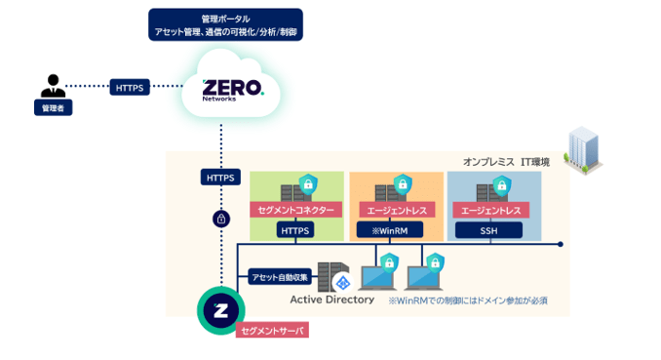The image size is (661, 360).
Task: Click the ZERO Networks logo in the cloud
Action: [x=233, y=91]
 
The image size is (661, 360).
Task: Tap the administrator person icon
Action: [x=53, y=86]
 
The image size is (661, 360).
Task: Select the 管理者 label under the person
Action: [x=53, y=108]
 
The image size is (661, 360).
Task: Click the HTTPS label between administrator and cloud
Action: [x=130, y=88]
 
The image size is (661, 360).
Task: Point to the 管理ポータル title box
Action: [x=225, y=25]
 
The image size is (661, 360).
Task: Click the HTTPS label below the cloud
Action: [x=220, y=178]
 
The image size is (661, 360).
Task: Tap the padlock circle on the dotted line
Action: [x=221, y=220]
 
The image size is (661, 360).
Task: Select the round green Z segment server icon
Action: [x=221, y=310]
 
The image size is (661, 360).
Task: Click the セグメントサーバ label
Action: [x=272, y=331]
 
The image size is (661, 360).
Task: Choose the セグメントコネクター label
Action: [x=295, y=210]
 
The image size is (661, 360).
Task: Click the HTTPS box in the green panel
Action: [x=295, y=230]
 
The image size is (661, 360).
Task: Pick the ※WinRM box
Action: [x=390, y=230]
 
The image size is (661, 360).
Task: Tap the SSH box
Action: [x=489, y=230]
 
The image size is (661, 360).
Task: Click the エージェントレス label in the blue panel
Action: [x=491, y=210]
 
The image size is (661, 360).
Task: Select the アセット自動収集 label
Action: [x=280, y=277]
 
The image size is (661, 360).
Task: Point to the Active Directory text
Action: [x=332, y=300]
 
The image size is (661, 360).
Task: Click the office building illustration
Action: [x=583, y=150]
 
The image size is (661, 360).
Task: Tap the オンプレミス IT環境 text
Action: [x=506, y=162]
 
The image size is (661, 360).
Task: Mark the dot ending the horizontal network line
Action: [x=561, y=244]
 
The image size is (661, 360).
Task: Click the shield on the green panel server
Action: [x=308, y=184]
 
